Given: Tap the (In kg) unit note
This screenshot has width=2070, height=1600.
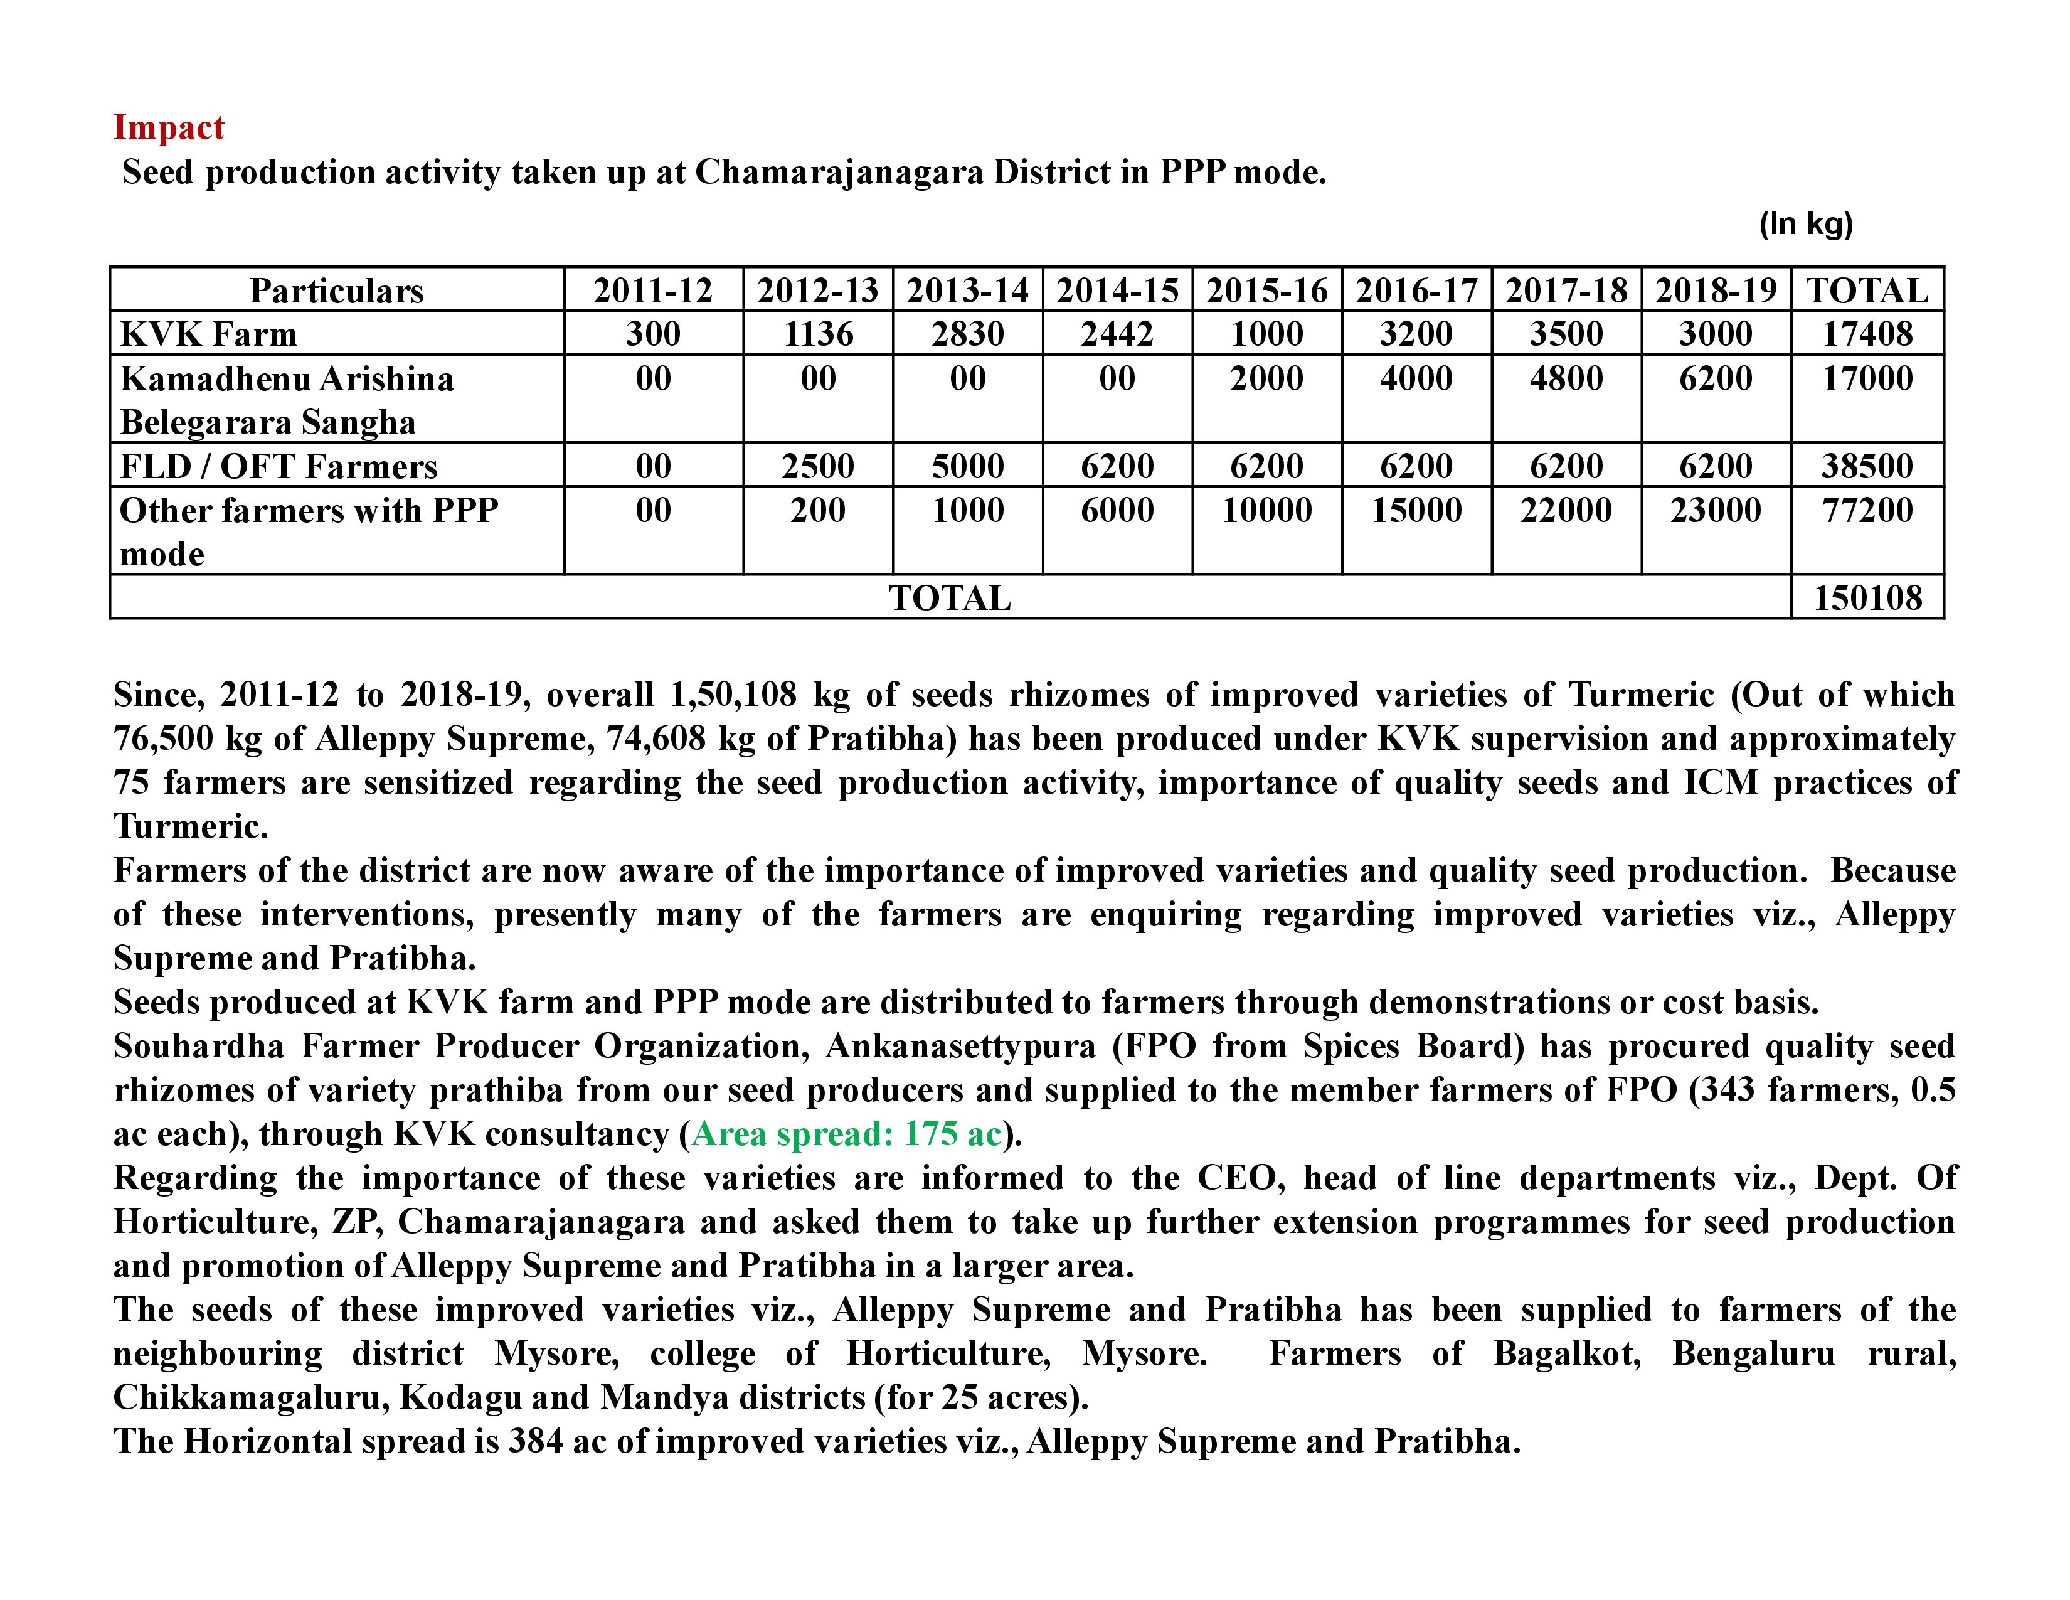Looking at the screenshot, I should click(1805, 224).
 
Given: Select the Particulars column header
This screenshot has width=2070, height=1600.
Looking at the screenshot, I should click(336, 290).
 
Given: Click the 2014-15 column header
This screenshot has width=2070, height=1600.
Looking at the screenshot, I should click(1117, 290).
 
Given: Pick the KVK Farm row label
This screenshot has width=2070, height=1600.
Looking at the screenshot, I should click(208, 334).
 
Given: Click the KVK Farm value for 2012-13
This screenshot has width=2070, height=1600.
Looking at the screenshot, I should click(818, 334).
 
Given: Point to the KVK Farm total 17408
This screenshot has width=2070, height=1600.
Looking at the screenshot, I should click(1867, 334).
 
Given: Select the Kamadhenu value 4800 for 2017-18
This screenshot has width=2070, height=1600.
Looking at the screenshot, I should click(1566, 378).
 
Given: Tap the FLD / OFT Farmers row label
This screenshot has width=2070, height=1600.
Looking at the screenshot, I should click(279, 466).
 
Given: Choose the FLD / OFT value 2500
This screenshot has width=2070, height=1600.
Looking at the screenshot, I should click(818, 466).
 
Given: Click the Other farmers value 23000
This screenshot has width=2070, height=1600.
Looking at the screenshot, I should click(1716, 510).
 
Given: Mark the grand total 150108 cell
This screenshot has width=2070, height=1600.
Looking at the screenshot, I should click(1867, 598).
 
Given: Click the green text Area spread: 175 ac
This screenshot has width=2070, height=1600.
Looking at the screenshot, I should click(846, 1134).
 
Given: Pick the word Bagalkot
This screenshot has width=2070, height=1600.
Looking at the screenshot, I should click(1567, 1353).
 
